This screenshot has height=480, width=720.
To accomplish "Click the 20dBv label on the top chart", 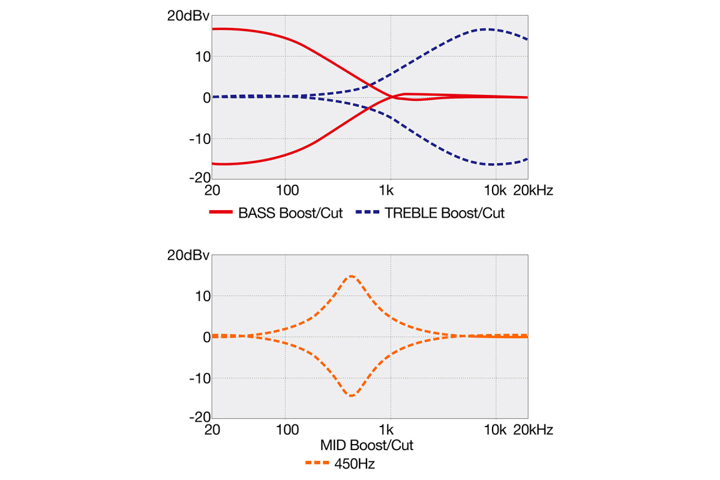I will [x=188, y=16].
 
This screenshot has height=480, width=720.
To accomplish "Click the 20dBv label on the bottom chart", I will [x=188, y=256].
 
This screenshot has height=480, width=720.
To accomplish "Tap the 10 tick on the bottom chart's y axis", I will [x=202, y=296].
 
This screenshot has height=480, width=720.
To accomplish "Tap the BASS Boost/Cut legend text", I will [x=290, y=214].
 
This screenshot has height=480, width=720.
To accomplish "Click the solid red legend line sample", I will [x=220, y=214].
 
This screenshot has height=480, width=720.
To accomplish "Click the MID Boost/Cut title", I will [x=366, y=446].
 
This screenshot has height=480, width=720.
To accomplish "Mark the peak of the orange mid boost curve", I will [x=351, y=276].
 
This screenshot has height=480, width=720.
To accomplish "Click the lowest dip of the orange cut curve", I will [x=351, y=395].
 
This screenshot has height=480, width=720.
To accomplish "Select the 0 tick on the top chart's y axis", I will [x=205, y=97].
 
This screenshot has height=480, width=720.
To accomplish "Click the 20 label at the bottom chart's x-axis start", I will [x=211, y=430].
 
